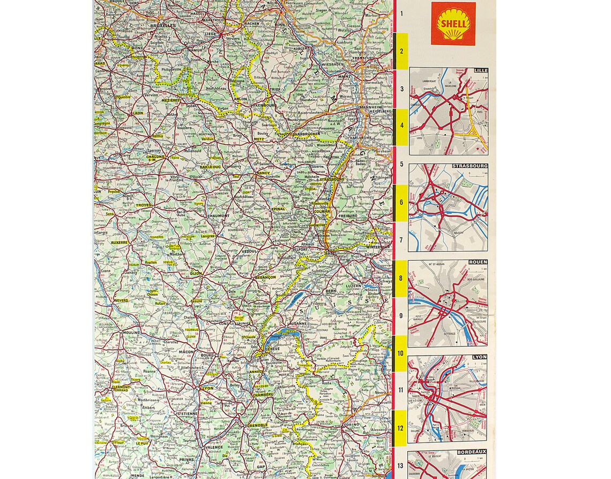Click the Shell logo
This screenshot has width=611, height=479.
point(453,24)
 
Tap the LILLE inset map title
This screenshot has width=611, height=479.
point(480,70)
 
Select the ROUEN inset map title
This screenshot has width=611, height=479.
point(478,262)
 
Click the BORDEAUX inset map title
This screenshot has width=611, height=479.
point(472,452)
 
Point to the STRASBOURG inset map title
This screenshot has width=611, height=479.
point(470,166)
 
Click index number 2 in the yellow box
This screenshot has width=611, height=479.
point(401,51)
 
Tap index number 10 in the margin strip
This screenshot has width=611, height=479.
point(401,353)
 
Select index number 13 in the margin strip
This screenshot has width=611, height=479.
point(401,465)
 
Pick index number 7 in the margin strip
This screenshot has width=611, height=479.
point(401,240)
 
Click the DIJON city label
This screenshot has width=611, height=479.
point(196,273)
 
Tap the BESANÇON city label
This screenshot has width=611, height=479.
point(266,277)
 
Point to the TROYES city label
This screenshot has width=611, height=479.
point(144,205)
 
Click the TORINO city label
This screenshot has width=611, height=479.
point(351,425)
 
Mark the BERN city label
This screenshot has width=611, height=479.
point(331,291)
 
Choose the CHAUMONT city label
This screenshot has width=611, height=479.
point(219,216)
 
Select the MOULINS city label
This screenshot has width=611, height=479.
point(131,333)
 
